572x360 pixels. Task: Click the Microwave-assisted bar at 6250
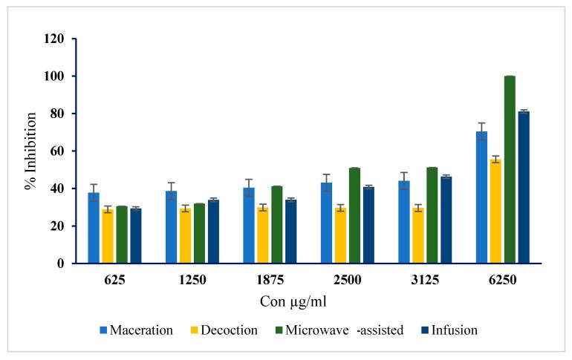[x=510, y=169]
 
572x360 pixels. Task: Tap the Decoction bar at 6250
[x=495, y=211]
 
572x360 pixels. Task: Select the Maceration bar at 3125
[x=404, y=222]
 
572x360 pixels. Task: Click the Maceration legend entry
[x=137, y=330]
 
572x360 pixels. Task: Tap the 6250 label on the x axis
[x=502, y=281]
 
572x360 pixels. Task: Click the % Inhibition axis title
[x=31, y=151]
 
